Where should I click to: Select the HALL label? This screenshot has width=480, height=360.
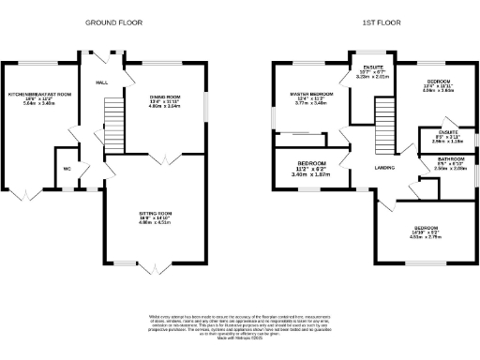click(102, 83)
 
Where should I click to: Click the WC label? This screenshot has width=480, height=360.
click(67, 169)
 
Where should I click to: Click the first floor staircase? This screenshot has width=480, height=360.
click(382, 124)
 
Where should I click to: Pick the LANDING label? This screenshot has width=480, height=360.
click(384, 169)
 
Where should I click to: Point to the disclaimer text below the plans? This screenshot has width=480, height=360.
click(239, 325)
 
